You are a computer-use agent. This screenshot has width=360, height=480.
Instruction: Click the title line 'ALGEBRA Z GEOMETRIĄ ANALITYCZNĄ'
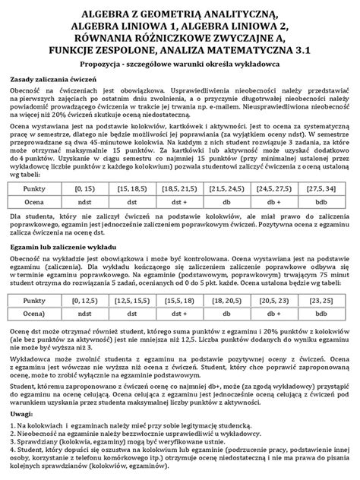(x=180, y=14)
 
